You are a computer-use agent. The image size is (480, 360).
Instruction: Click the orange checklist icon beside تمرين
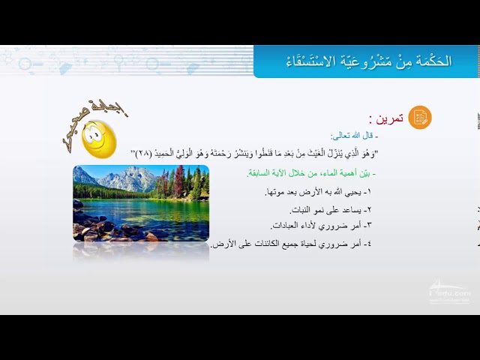(420, 117)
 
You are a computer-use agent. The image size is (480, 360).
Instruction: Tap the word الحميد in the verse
(172, 154)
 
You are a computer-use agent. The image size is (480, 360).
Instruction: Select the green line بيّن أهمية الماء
(311, 173)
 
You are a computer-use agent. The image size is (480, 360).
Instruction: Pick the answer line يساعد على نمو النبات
(331, 209)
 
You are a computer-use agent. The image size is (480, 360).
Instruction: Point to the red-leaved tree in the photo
(180, 182)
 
